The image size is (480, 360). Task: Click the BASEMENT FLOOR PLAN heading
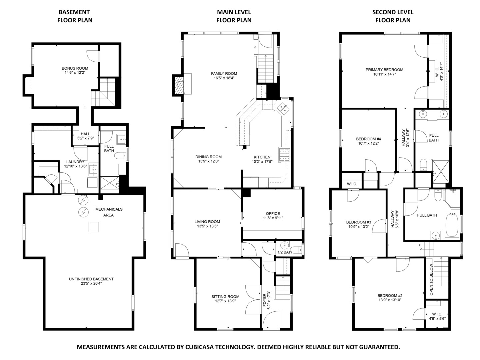pyautogui.click(x=75, y=16)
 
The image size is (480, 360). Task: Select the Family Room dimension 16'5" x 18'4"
pyautogui.click(x=224, y=78)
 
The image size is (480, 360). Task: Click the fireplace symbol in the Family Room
pyautogui.click(x=179, y=85)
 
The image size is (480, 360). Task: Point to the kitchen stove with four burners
pyautogui.click(x=284, y=155)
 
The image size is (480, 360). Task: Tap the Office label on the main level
pyautogui.click(x=273, y=214)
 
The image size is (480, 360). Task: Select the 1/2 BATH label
pyautogui.click(x=285, y=252)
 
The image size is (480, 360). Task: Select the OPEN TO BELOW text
pyautogui.click(x=431, y=280)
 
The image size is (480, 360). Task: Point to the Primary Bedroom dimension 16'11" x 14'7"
pyautogui.click(x=384, y=75)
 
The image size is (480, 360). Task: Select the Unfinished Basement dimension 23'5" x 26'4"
pyautogui.click(x=91, y=284)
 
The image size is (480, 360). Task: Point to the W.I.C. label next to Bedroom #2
pyautogui.click(x=437, y=314)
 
